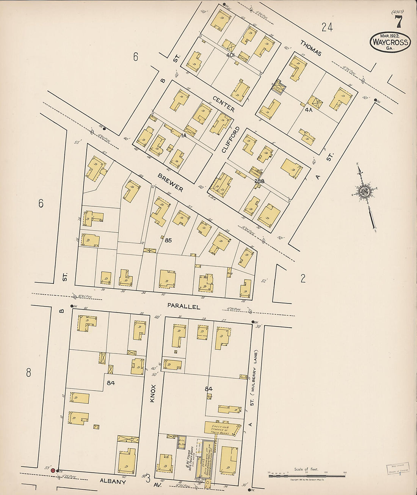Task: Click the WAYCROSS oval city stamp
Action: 390,42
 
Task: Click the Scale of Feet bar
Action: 307,475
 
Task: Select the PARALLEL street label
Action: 183,306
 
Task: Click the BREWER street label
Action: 171,183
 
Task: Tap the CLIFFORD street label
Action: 231,139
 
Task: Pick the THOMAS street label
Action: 311,48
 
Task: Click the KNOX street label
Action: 153,392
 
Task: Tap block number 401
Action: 231,55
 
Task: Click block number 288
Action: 259,181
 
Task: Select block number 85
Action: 168,240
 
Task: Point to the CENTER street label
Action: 223,104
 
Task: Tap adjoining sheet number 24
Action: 327,27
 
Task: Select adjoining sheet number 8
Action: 28,372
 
